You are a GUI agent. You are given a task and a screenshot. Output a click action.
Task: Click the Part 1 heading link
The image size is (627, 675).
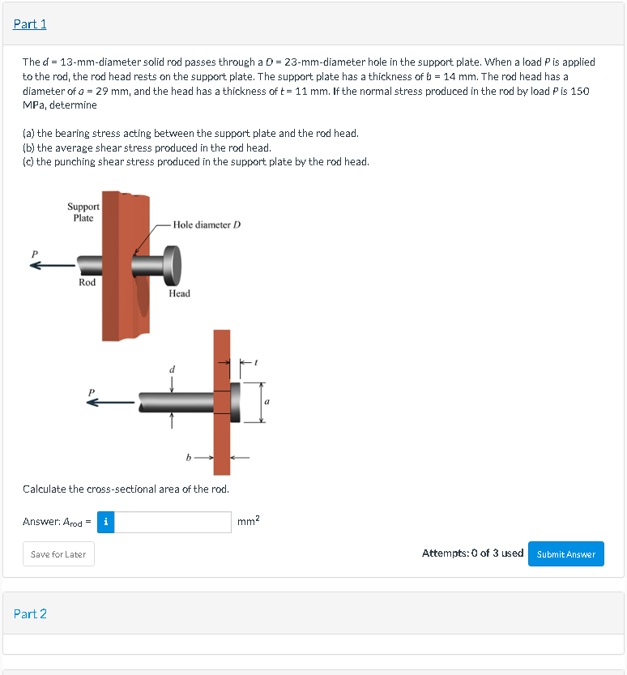tap(30, 24)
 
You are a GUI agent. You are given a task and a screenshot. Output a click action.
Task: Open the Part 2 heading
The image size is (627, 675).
tap(30, 613)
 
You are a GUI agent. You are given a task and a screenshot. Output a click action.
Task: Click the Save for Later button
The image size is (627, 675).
tap(58, 554)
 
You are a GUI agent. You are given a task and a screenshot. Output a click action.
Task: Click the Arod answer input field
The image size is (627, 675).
tap(173, 522)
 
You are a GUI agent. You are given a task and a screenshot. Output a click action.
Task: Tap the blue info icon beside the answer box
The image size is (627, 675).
tap(106, 522)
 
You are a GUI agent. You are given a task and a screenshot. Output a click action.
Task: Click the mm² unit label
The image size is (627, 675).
tap(249, 522)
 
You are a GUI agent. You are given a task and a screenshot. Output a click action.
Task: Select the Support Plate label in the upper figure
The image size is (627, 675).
tap(83, 212)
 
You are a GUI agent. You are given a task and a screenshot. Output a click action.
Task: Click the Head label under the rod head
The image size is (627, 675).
tap(179, 293)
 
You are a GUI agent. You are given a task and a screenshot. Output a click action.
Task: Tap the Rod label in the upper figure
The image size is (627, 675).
tap(87, 282)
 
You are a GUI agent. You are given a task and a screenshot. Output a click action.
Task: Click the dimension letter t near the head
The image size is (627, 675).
tap(256, 364)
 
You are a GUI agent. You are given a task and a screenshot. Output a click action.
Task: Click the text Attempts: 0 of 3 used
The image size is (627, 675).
tap(472, 553)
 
